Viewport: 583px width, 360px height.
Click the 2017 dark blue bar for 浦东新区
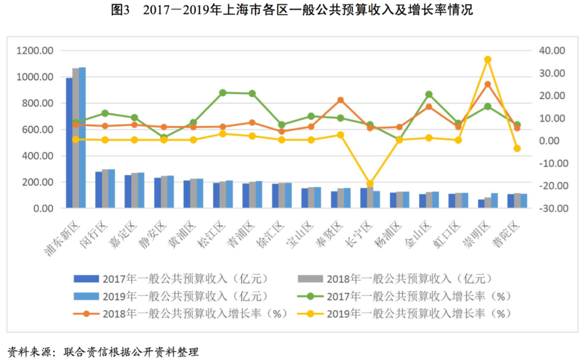point(69,143)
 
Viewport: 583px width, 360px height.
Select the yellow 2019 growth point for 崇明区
point(487,59)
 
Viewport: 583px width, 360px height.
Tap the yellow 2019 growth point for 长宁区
point(370,184)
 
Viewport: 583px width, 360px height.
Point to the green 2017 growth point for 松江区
point(222,93)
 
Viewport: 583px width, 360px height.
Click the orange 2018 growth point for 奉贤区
point(341,100)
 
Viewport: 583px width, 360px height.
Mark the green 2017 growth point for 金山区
point(429,94)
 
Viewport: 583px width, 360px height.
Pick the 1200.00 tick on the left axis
point(35,51)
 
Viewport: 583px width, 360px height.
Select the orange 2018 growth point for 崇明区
point(487,84)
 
